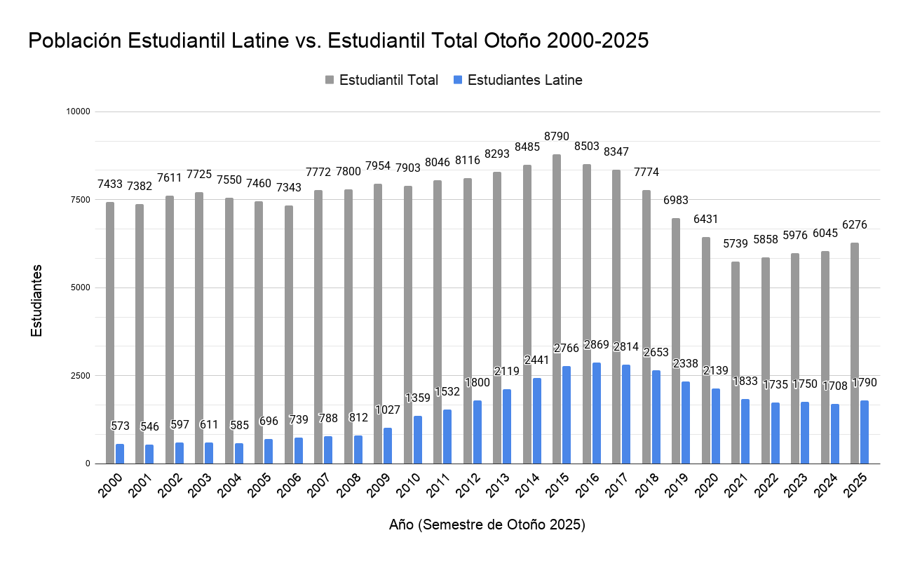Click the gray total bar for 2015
pyautogui.click(x=557, y=309)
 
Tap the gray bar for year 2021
pyautogui.click(x=736, y=362)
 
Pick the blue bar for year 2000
pyautogui.click(x=120, y=454)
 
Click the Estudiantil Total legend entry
pyautogui.click(x=381, y=80)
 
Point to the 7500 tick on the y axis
pyautogui.click(x=79, y=200)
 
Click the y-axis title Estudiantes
pyautogui.click(x=36, y=299)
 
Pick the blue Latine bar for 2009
pyautogui.click(x=388, y=445)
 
